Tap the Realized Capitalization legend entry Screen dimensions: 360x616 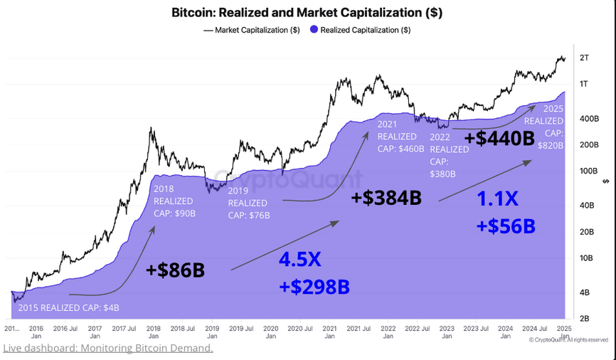pyautogui.click(x=360, y=30)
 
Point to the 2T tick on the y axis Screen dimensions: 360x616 pyautogui.click(x=585, y=58)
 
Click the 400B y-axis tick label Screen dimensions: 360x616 pyautogui.click(x=588, y=119)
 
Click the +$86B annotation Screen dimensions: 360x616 pyautogui.click(x=175, y=270)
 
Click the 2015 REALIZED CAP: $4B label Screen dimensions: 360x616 pyautogui.click(x=68, y=307)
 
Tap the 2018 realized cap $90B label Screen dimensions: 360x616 pyautogui.click(x=174, y=201)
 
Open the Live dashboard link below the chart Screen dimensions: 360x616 pyautogui.click(x=108, y=348)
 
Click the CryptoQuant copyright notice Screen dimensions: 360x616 pyautogui.click(x=569, y=340)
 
